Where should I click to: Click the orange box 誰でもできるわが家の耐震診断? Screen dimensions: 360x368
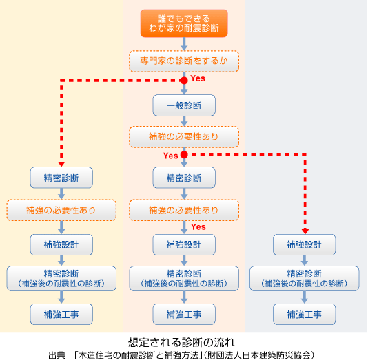tap(184, 23)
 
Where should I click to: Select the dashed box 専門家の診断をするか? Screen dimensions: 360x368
tap(184, 61)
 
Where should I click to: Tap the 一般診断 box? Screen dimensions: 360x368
tap(184, 105)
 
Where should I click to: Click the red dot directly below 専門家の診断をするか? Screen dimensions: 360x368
tap(184, 81)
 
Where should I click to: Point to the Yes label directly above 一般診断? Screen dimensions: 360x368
tap(198, 78)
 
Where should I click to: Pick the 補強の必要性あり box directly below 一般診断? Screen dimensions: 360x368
tap(184, 136)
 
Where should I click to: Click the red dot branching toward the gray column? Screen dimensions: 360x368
tap(184, 156)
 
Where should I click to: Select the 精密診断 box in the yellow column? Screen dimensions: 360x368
tap(61, 178)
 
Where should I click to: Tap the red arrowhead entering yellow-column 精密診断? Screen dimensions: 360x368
tap(61, 164)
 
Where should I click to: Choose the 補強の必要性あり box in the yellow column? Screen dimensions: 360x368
tap(61, 209)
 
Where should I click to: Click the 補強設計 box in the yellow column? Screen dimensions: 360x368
tap(61, 244)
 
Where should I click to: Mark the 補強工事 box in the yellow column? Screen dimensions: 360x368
tap(61, 314)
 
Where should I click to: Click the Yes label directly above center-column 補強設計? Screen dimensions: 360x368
tap(198, 226)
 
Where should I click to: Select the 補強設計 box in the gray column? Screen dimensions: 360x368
tap(304, 244)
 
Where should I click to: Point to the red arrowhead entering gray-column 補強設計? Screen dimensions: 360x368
tap(304, 231)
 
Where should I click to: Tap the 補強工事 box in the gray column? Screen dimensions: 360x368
tap(304, 314)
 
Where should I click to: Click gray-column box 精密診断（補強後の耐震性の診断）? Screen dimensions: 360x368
tap(304, 277)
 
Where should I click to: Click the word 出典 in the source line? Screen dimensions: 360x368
tap(57, 354)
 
